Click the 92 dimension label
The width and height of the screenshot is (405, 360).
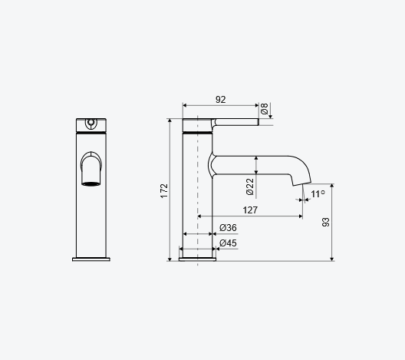click(x=221, y=100)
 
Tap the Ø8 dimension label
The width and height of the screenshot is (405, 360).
click(x=264, y=108)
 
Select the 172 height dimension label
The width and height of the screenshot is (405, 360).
click(x=164, y=191)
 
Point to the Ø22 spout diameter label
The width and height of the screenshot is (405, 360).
click(x=250, y=187)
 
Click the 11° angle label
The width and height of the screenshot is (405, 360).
click(x=318, y=194)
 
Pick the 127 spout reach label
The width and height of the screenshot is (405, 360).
click(x=250, y=210)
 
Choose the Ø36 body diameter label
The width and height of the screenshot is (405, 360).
click(x=228, y=228)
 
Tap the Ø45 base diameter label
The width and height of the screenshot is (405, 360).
click(x=228, y=243)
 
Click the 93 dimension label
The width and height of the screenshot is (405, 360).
click(x=326, y=222)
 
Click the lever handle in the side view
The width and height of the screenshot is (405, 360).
click(x=235, y=122)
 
